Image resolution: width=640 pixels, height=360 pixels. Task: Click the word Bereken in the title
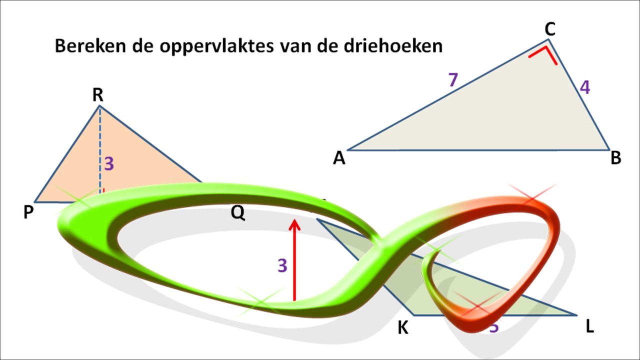(85, 46)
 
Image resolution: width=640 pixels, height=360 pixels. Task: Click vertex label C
(550, 30)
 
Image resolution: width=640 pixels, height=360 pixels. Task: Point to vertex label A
(339, 158)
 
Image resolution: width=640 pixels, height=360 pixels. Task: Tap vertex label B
(616, 158)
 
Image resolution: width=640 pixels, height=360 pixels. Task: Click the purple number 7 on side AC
(453, 80)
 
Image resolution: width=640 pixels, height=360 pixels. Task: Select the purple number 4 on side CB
(584, 87)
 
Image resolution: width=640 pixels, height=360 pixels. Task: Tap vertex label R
(98, 95)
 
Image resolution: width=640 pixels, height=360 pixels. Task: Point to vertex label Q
(238, 213)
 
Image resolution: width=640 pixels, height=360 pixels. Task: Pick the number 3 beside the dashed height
(109, 164)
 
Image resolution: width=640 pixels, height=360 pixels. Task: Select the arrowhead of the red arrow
(294, 223)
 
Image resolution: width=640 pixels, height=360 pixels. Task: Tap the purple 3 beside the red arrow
(282, 266)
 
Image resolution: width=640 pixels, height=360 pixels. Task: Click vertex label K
(403, 328)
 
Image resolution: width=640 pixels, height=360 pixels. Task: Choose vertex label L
(590, 327)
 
